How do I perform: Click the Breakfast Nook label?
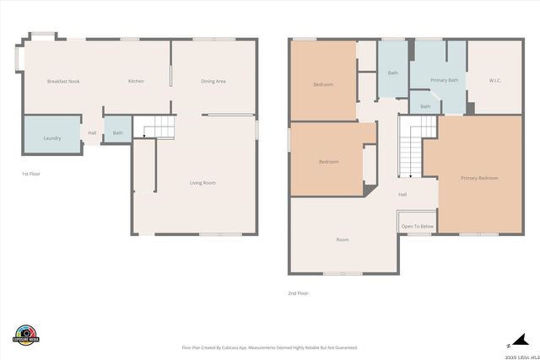[62, 81]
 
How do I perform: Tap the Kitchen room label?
[136, 81]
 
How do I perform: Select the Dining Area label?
[213, 81]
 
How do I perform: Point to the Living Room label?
[202, 182]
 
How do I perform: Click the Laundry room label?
[51, 137]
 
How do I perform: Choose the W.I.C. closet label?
[495, 81]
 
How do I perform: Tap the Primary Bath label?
[444, 80]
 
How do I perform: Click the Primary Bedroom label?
[479, 178]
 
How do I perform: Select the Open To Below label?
[418, 226]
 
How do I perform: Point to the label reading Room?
[343, 239]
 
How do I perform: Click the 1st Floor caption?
[31, 174]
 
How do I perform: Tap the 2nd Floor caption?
[299, 293]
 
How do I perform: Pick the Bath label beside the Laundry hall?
[117, 132]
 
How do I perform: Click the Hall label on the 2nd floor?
[402, 194]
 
